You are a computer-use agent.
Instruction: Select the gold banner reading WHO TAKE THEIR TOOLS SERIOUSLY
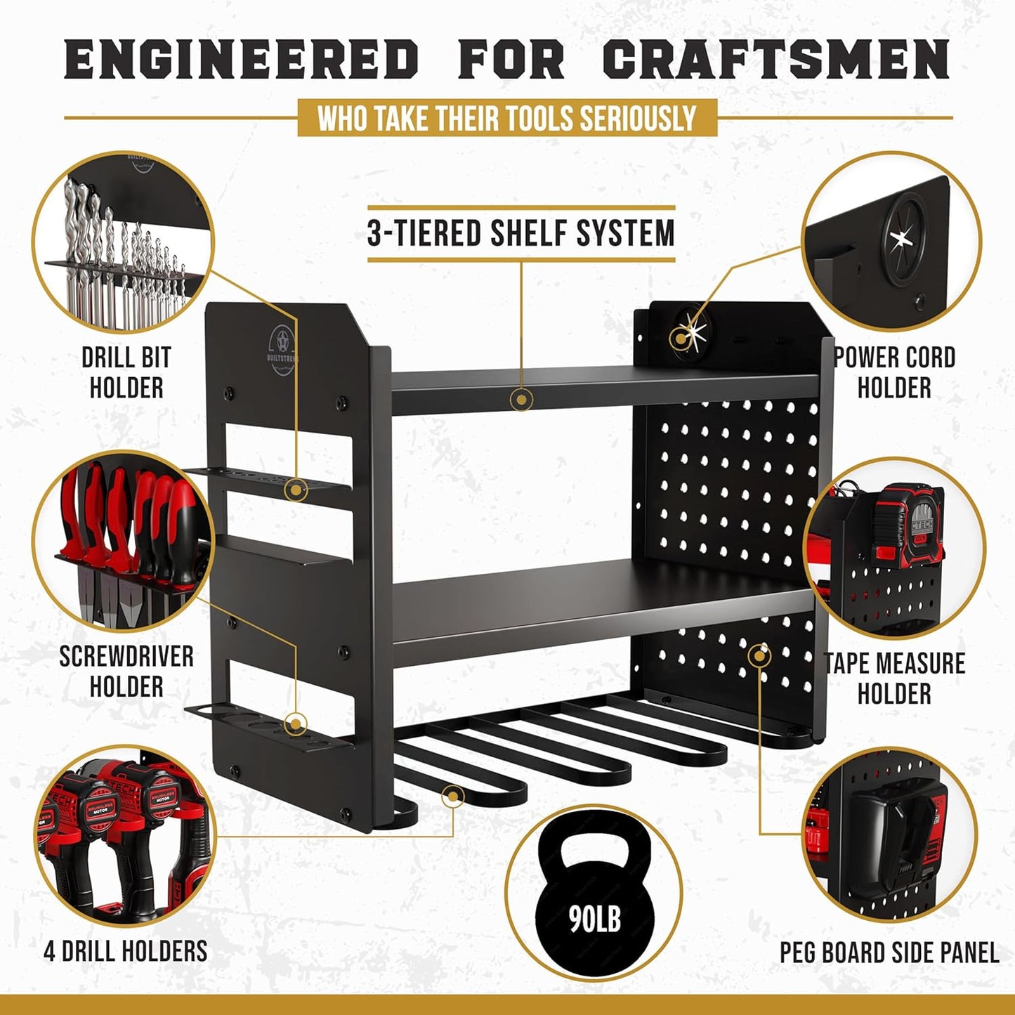[507, 118]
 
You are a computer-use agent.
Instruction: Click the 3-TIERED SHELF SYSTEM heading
[520, 233]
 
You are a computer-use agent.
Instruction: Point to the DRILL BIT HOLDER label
[126, 372]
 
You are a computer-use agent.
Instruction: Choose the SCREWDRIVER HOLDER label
[126, 671]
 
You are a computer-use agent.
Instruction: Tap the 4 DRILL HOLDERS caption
[126, 951]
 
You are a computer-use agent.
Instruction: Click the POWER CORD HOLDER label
[894, 372]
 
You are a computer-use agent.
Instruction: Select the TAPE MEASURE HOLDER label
[894, 679]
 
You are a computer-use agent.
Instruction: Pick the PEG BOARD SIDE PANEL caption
[889, 952]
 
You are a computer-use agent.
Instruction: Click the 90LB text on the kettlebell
[595, 918]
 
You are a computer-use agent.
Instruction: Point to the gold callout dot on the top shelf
[521, 400]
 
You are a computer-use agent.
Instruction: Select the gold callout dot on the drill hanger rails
[453, 797]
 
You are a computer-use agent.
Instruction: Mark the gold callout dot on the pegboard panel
[759, 656]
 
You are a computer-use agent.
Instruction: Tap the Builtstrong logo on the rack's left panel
[282, 349]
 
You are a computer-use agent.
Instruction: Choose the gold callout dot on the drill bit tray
[296, 489]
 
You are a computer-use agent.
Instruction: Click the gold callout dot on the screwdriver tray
[296, 723]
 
